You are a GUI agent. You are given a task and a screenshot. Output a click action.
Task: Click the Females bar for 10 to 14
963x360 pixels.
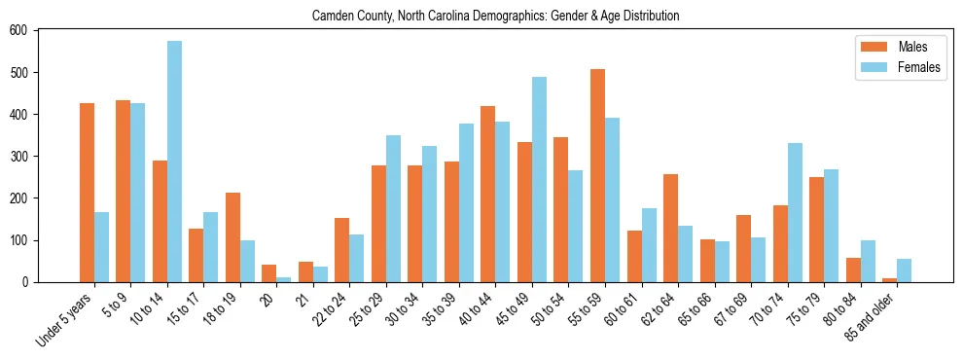(174, 162)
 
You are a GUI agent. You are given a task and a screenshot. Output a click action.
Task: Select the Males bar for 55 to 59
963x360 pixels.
(597, 176)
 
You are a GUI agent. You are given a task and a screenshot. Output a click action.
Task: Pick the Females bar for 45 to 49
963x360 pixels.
(539, 180)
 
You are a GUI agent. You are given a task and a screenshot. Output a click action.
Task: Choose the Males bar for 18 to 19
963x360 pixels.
(232, 237)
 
